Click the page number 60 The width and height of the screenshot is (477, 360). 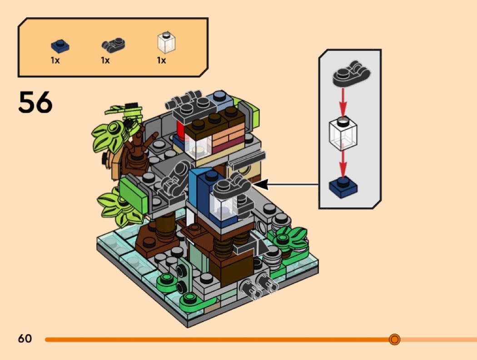(x=25, y=339)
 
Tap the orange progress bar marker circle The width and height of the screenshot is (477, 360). (x=394, y=339)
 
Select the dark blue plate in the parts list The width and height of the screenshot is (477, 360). (x=60, y=46)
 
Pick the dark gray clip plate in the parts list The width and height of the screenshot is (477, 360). (x=113, y=45)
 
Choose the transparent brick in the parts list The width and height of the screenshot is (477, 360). (x=166, y=43)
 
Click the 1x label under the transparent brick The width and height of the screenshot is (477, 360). (x=161, y=60)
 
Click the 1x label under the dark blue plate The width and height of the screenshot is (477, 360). (x=55, y=60)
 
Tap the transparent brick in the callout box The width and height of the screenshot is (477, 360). (x=343, y=133)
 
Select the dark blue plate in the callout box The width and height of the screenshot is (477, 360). (x=343, y=187)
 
